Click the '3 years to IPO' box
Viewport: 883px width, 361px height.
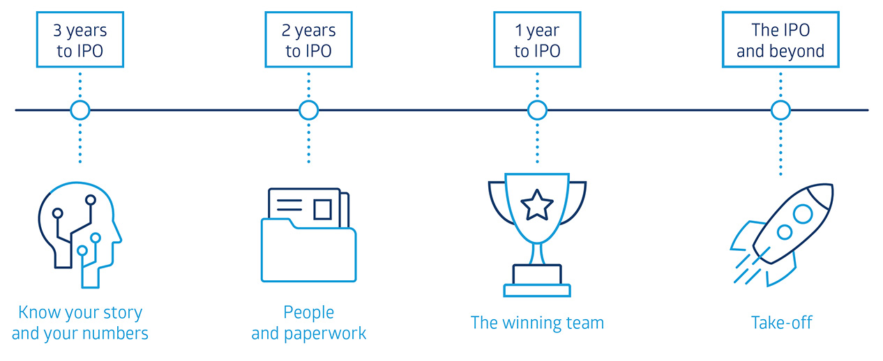click(x=80, y=41)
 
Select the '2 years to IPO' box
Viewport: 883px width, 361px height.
click(x=308, y=41)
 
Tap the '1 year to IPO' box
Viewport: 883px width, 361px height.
click(x=537, y=41)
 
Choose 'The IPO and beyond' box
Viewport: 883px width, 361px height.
click(x=780, y=41)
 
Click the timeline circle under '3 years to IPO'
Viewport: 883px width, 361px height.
click(x=80, y=110)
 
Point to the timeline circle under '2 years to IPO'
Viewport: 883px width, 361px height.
click(x=308, y=110)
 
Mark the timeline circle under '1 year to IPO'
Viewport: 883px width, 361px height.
click(x=537, y=110)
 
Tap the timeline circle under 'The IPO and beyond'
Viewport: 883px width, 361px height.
click(x=780, y=110)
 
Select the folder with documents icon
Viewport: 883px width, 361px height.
click(x=308, y=237)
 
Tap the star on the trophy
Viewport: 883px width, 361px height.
click(x=537, y=204)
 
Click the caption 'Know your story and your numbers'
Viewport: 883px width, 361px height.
click(x=80, y=323)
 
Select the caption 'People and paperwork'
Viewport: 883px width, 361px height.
click(x=308, y=323)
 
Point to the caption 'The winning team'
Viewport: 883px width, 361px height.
click(x=537, y=323)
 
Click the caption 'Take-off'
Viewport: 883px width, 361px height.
click(x=781, y=323)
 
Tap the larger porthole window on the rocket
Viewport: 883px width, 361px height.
click(x=802, y=214)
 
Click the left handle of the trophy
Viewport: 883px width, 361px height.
click(x=497, y=202)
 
